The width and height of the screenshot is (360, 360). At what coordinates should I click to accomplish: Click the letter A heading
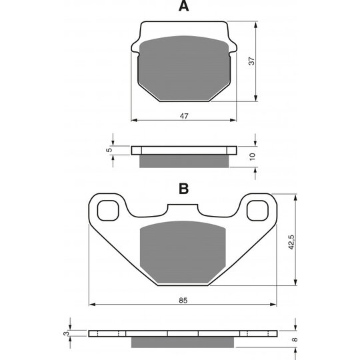click(x=184, y=6)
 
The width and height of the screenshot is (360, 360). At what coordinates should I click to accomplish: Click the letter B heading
click(x=184, y=189)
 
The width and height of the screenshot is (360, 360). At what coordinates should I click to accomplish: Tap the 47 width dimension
click(x=184, y=116)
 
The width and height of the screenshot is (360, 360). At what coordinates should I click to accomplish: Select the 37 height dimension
click(x=252, y=61)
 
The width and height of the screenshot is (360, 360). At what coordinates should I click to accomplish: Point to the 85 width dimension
click(x=183, y=300)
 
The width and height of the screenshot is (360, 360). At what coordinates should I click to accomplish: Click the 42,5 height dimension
click(x=292, y=242)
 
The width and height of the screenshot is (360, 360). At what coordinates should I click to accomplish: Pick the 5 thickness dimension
click(x=109, y=150)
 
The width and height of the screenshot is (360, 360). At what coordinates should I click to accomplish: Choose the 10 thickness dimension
click(x=252, y=157)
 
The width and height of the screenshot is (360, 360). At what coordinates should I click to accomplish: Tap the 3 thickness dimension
click(x=66, y=333)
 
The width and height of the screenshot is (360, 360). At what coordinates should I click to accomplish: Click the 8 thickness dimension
click(x=295, y=339)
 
